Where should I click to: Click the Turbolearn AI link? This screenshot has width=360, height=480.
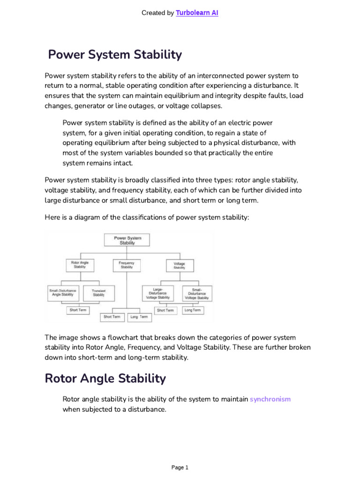point(197,13)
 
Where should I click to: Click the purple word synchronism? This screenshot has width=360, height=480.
point(270,399)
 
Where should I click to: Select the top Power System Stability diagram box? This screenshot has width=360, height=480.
point(127,240)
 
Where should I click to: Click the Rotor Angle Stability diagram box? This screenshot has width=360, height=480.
point(80,265)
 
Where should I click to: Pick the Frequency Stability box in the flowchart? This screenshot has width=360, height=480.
point(127,265)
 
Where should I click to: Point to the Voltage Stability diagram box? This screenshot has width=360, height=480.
point(179,265)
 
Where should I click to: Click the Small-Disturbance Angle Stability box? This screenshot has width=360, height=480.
point(63,293)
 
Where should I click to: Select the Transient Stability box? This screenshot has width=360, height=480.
point(98,293)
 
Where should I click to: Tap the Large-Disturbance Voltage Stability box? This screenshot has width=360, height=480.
point(157,293)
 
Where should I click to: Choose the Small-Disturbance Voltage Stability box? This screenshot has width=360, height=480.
point(196,293)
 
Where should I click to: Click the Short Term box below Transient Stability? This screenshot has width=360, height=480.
point(78,310)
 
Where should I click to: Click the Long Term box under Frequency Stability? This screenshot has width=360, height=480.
point(139,317)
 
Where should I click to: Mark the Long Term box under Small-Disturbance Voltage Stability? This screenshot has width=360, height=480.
point(192,310)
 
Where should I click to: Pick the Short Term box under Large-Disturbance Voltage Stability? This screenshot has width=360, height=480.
point(165,310)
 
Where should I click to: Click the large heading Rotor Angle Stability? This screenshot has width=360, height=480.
point(105,378)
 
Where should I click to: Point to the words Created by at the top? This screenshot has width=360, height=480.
point(157,13)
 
